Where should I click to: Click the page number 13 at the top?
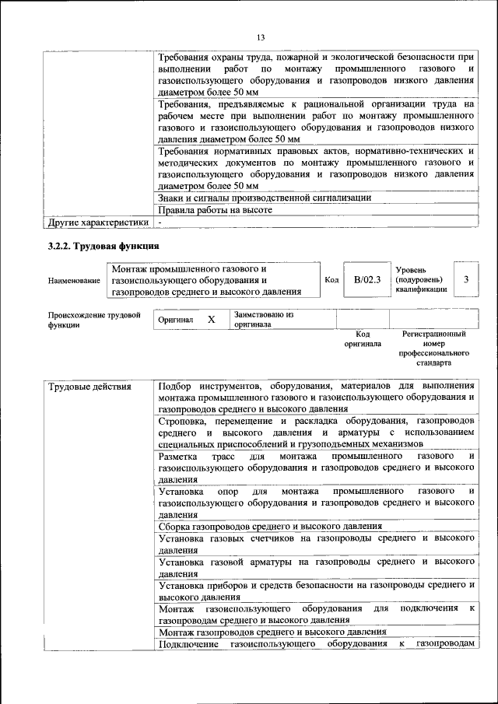click(261, 37)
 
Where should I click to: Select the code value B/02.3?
click(366, 280)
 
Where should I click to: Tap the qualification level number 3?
click(465, 280)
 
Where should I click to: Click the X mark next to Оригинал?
click(211, 319)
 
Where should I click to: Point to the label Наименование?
click(74, 280)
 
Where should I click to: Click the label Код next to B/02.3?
click(330, 280)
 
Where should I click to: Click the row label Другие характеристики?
click(97, 222)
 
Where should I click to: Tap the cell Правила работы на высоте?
click(215, 210)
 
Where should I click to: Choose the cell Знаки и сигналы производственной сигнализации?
click(264, 198)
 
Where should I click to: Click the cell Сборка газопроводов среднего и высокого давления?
click(269, 526)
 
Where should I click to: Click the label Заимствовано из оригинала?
click(263, 319)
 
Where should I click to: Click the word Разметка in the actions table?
click(177, 455)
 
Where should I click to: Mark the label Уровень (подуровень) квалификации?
click(420, 279)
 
